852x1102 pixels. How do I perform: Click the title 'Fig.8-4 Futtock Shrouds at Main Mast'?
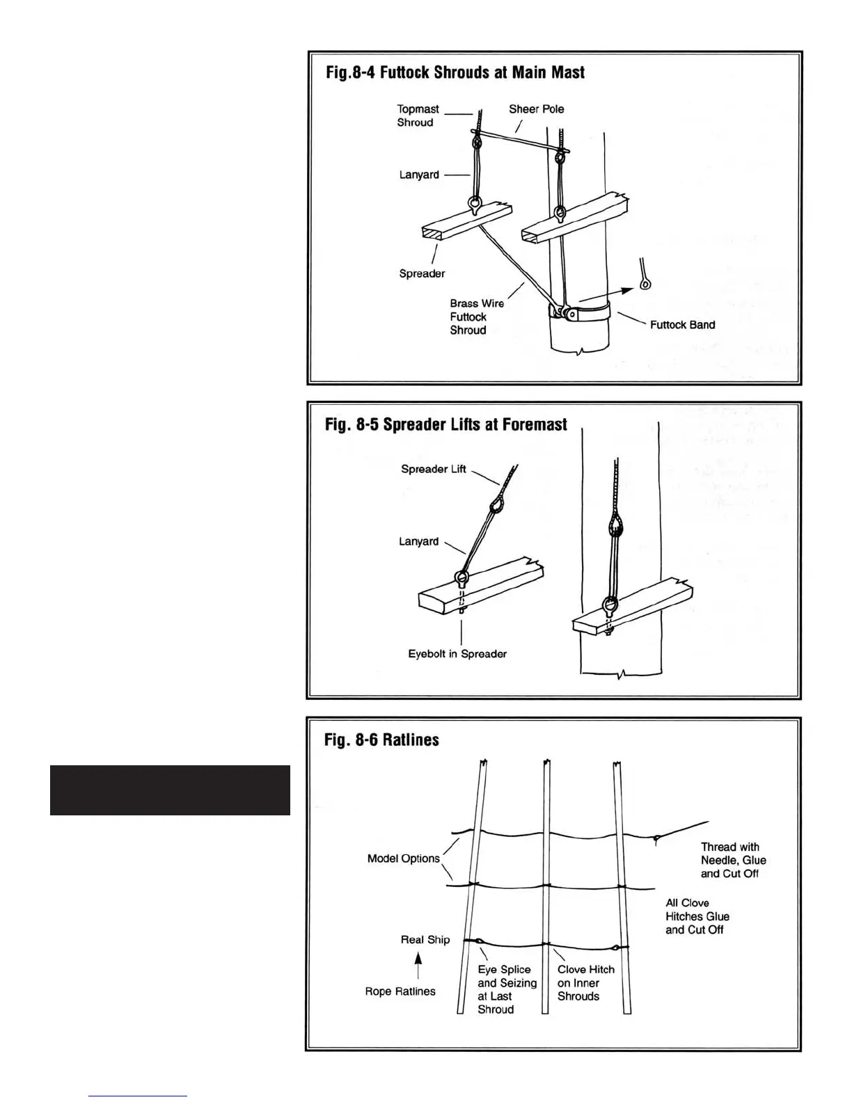[455, 72]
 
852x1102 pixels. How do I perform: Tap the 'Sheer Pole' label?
[536, 109]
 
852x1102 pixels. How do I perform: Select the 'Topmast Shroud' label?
[418, 115]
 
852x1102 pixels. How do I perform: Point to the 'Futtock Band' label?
[682, 325]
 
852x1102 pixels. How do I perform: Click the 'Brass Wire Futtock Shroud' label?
[477, 317]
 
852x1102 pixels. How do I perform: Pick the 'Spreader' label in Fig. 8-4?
[422, 273]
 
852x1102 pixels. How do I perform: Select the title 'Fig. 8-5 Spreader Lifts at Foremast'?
[445, 424]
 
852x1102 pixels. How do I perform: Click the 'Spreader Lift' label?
[434, 469]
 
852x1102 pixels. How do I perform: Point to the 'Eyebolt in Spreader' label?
[457, 654]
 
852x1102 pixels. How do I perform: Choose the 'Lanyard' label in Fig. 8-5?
[418, 541]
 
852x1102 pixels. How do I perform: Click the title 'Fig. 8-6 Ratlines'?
[381, 740]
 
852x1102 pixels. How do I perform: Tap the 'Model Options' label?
[404, 859]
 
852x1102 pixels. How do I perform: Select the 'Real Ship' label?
[425, 940]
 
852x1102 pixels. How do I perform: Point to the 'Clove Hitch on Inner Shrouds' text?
[585, 982]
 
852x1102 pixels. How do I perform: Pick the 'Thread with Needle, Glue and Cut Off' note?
[733, 860]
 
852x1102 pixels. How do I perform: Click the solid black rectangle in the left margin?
[170, 790]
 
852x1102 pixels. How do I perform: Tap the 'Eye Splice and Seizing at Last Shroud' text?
[507, 989]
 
